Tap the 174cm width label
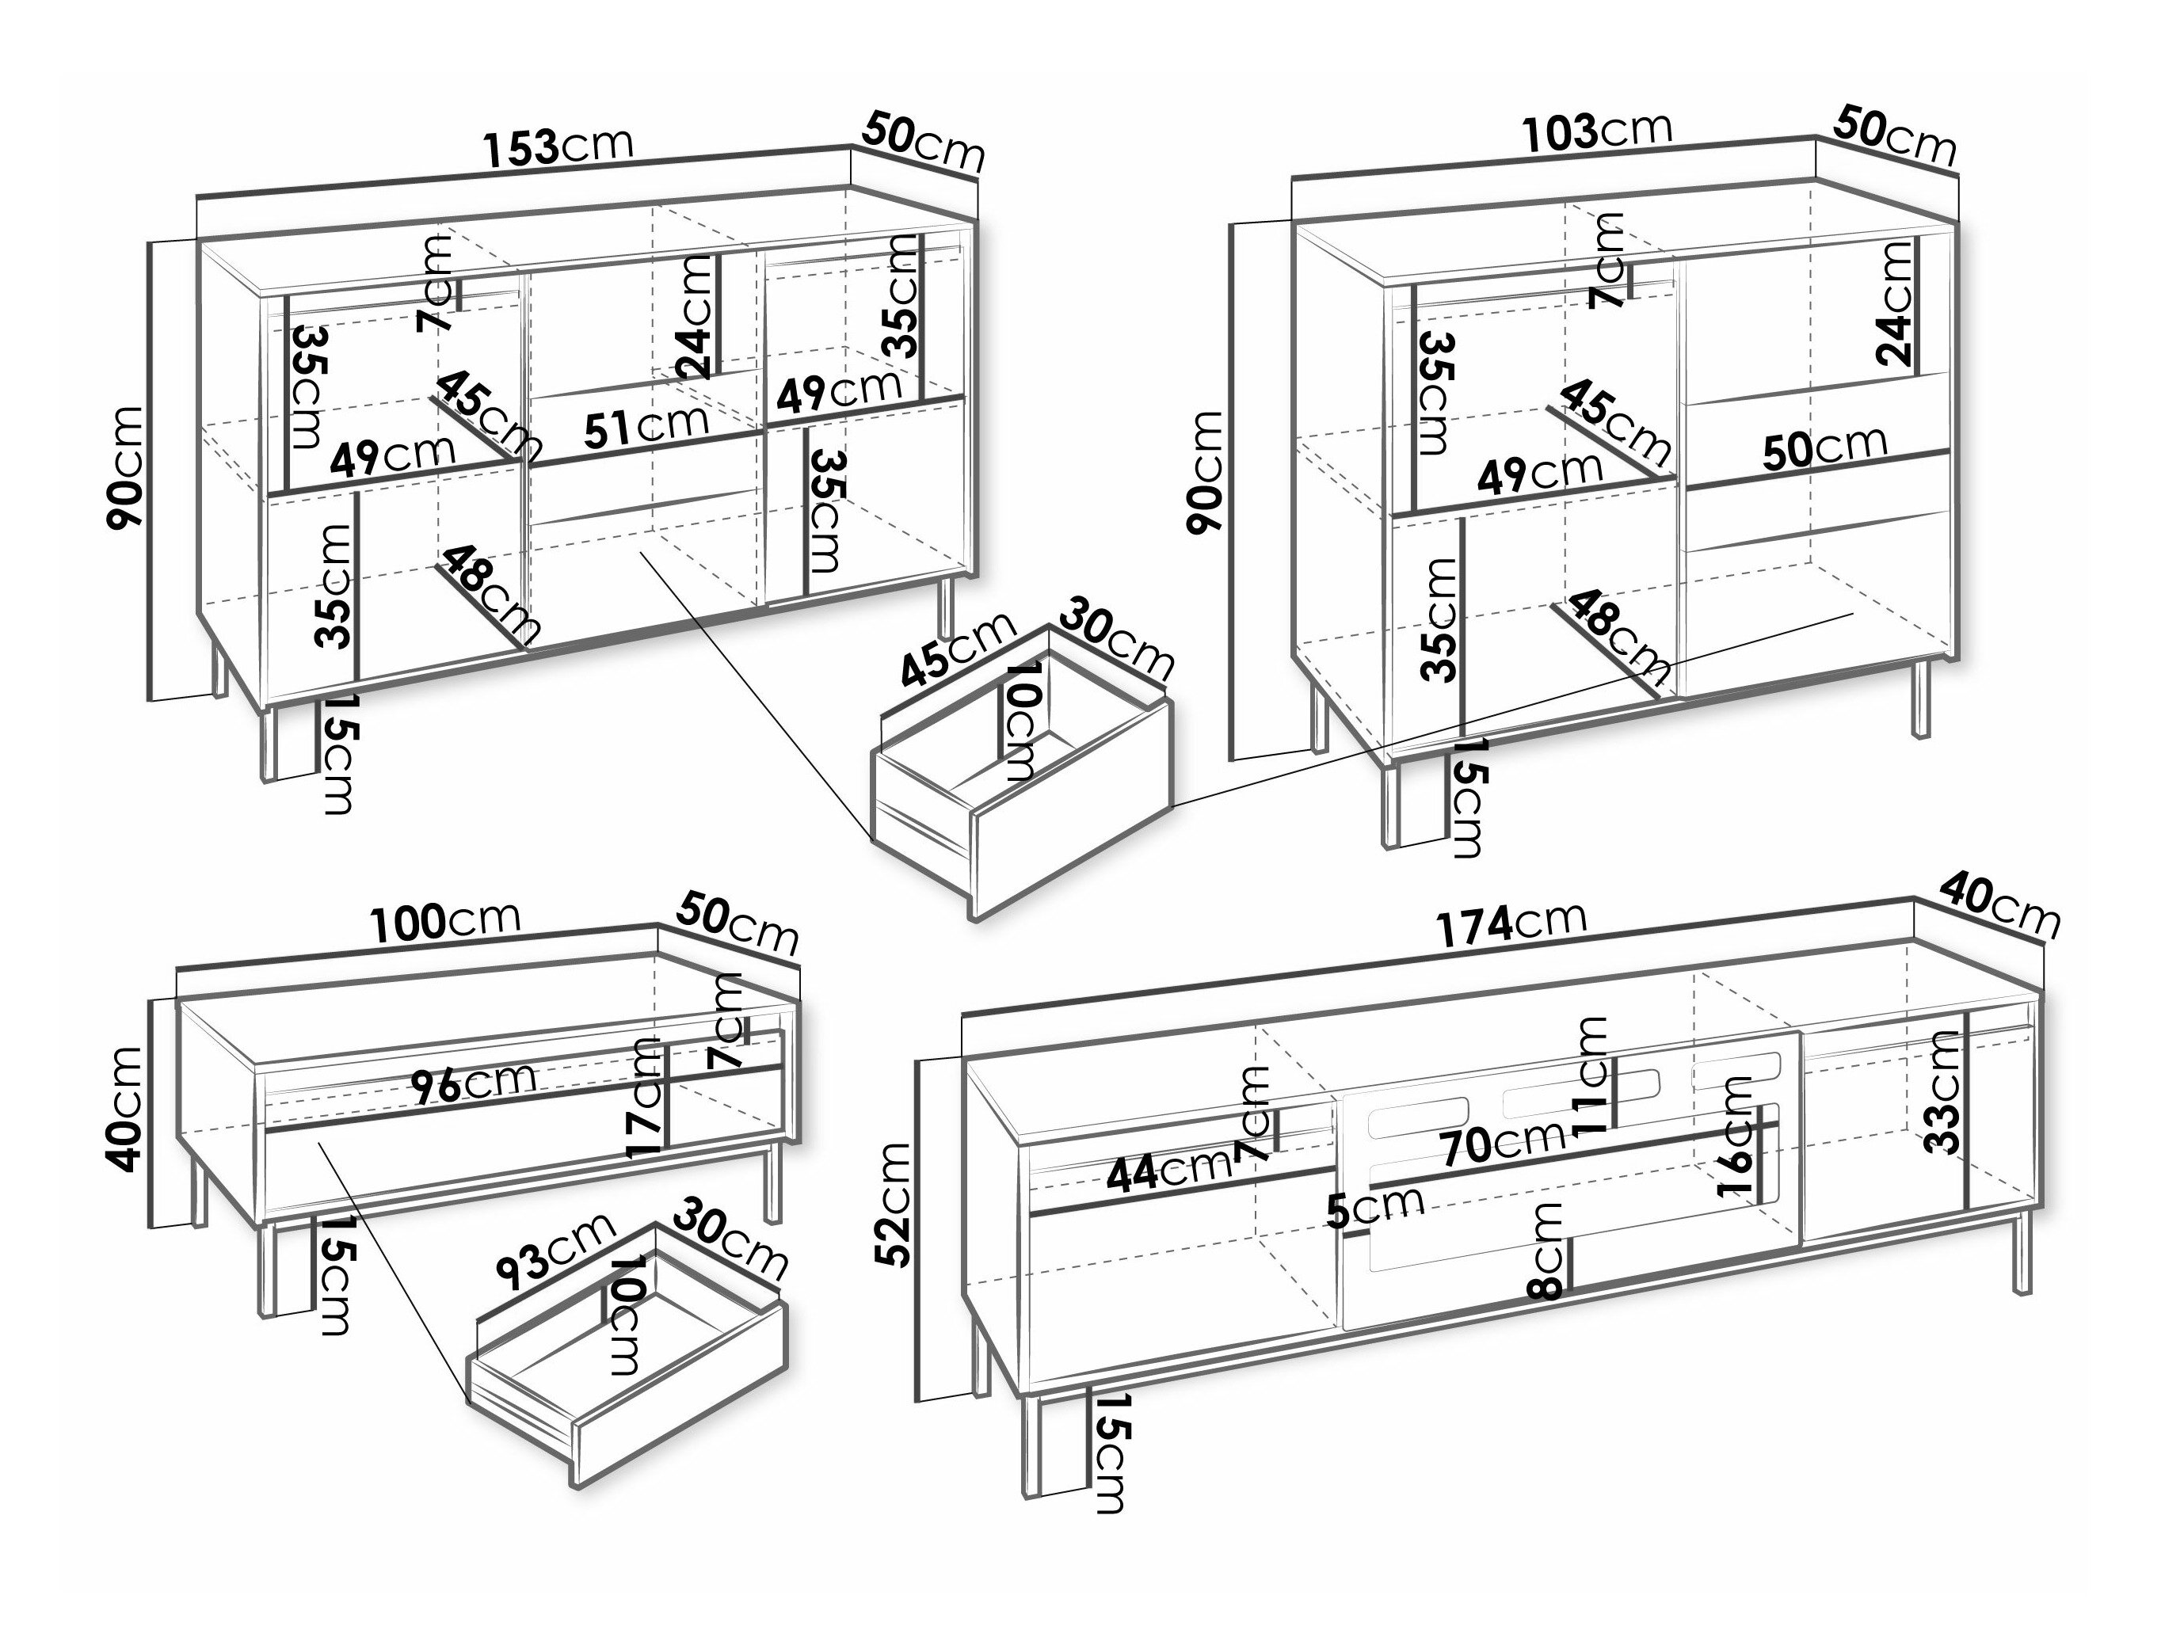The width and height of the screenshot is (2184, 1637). [x=1510, y=924]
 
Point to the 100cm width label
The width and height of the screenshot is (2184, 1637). [x=445, y=921]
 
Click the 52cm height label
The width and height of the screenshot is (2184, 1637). [x=895, y=1204]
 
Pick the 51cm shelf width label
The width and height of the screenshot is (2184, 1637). [x=646, y=427]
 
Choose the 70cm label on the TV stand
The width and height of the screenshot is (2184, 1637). [x=1502, y=1144]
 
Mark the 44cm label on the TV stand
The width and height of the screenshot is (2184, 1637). [x=1169, y=1172]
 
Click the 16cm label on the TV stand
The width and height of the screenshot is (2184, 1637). [x=1735, y=1137]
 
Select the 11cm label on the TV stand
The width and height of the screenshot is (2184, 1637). [x=1592, y=1078]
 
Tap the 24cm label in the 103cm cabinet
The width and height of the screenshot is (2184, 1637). [x=1895, y=305]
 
